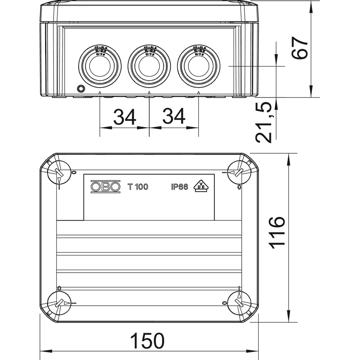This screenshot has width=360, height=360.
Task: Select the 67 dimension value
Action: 300,48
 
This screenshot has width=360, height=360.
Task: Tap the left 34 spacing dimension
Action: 125,117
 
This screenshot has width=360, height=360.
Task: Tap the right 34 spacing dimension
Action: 174,117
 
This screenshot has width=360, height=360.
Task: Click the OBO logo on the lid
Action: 105,186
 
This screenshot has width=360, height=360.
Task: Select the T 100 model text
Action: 138,187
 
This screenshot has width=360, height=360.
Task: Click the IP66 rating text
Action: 179,187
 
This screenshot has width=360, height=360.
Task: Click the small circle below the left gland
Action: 81,88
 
